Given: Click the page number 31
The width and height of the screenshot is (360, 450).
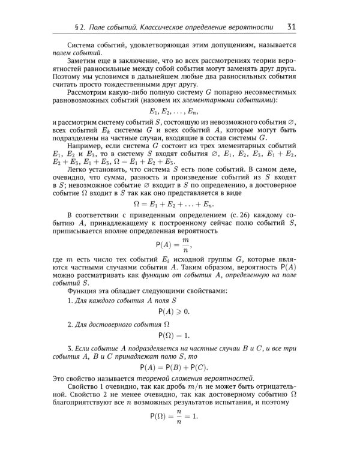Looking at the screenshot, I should click(290, 26).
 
